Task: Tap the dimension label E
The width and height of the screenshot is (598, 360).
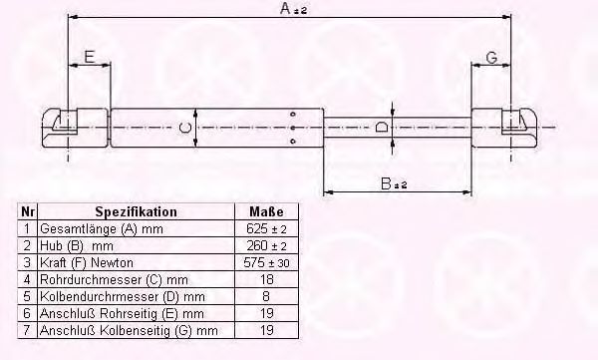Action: pyautogui.click(x=90, y=57)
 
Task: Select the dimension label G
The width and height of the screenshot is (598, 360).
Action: pyautogui.click(x=492, y=58)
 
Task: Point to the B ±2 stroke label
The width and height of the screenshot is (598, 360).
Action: pyautogui.click(x=394, y=183)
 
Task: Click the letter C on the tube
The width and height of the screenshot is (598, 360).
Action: pyautogui.click(x=185, y=127)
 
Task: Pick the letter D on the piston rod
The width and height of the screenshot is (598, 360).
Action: pyautogui.click(x=382, y=127)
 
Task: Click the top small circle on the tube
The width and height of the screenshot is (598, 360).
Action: pyautogui.click(x=293, y=114)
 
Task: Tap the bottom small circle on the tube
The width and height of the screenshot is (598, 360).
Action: pyautogui.click(x=293, y=142)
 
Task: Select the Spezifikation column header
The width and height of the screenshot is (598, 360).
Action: pyautogui.click(x=136, y=211)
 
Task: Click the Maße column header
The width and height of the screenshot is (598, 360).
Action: pyautogui.click(x=266, y=211)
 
